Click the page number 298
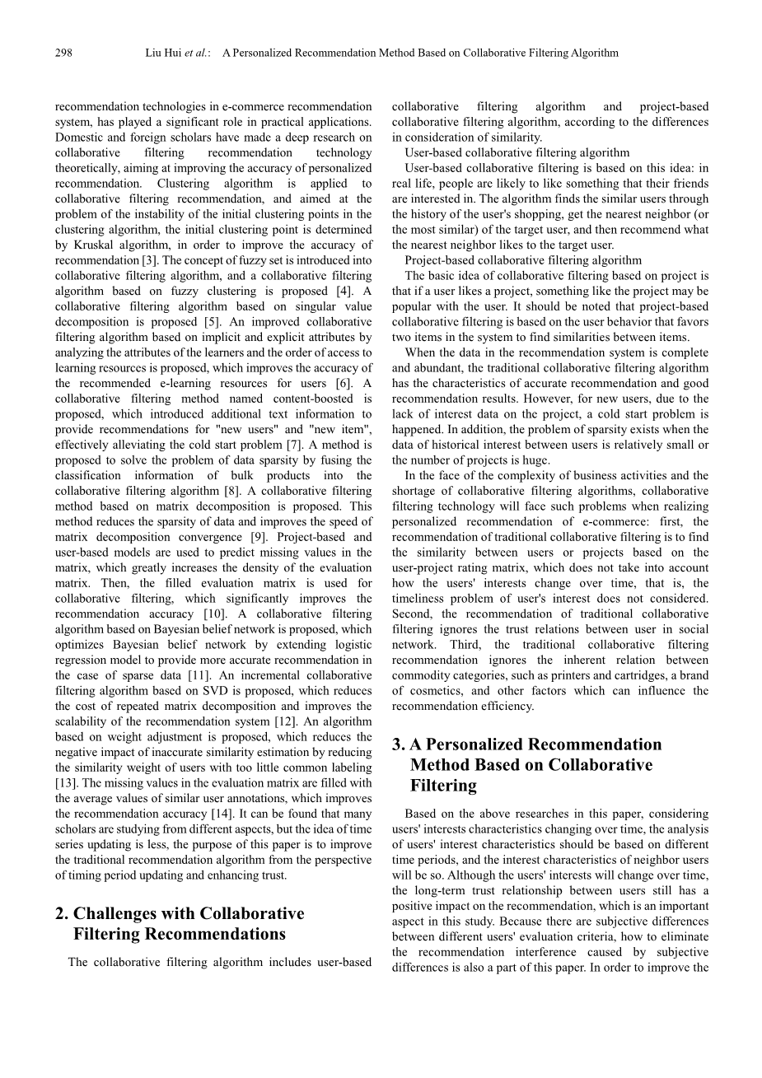[x=63, y=54]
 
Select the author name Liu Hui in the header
[x=161, y=54]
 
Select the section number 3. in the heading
[x=399, y=744]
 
